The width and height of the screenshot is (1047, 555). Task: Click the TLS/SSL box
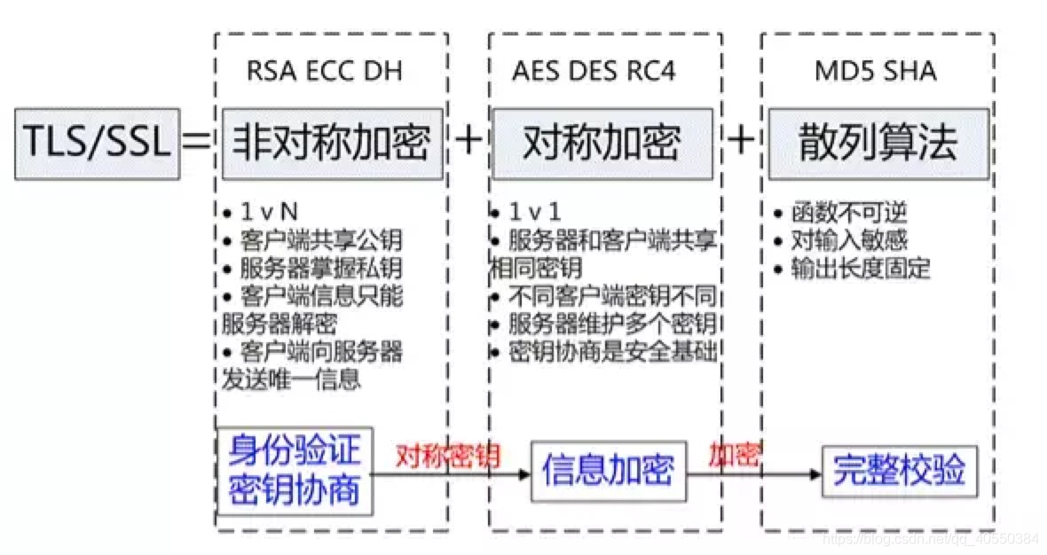[96, 142]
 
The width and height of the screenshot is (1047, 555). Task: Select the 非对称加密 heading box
[332, 142]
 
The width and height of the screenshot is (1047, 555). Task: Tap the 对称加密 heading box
[602, 142]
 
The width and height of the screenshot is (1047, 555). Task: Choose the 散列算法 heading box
[878, 142]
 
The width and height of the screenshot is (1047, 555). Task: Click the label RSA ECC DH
[325, 72]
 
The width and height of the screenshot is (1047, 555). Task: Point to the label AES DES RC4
[594, 72]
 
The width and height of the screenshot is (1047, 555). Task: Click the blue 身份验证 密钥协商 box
[295, 471]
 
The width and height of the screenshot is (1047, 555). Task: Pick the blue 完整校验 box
[899, 471]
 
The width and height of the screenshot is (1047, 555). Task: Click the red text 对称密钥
[448, 457]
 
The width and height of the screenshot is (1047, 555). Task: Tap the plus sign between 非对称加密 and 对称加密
[468, 142]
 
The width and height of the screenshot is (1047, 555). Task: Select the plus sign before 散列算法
[742, 142]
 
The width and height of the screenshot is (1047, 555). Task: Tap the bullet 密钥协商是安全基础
[612, 351]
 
